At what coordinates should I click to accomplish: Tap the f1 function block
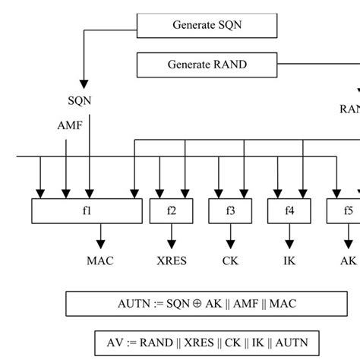coord(87,210)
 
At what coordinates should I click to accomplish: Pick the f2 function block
coord(171,210)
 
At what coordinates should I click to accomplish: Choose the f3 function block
coord(230,210)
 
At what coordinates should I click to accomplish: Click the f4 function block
coord(289,210)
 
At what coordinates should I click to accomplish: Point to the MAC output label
coord(100,261)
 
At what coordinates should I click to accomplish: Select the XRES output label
coord(171,261)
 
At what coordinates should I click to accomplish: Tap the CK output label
coord(231,261)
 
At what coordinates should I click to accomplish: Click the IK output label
coord(289,261)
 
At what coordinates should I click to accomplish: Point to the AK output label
coord(348,261)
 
